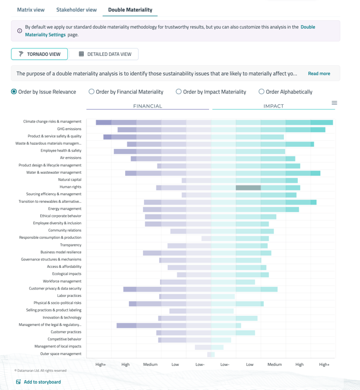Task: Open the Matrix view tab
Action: point(31,10)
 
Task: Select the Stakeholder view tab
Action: point(76,10)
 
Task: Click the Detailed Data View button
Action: point(104,54)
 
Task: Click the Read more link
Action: point(319,73)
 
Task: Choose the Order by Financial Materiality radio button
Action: point(91,91)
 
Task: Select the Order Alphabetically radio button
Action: point(262,91)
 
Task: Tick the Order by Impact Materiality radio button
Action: point(179,91)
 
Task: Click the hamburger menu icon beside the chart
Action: point(334,103)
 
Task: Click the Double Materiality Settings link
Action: point(45,34)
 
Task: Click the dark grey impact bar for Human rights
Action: point(248,187)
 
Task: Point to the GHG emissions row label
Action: point(69,129)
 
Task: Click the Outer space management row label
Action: point(61,354)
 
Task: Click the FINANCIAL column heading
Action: point(147,106)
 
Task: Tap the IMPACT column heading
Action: point(273,106)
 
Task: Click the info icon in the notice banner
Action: point(20,31)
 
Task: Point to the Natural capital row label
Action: point(70,180)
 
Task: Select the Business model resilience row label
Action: point(61,252)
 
